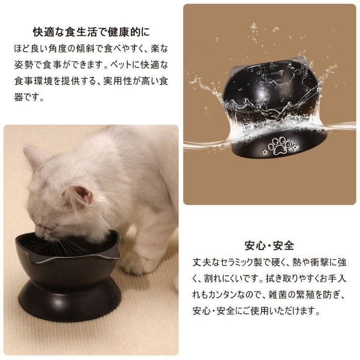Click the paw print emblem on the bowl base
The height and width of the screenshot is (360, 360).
279,146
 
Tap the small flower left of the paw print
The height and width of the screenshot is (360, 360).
265,152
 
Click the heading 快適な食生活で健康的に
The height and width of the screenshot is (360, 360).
91,32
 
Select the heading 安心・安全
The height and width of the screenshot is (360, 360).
269,245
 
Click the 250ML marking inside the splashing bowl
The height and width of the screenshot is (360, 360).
276,73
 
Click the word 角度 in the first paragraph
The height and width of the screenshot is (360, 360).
57,49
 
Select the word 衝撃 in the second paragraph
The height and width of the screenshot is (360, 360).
320,262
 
